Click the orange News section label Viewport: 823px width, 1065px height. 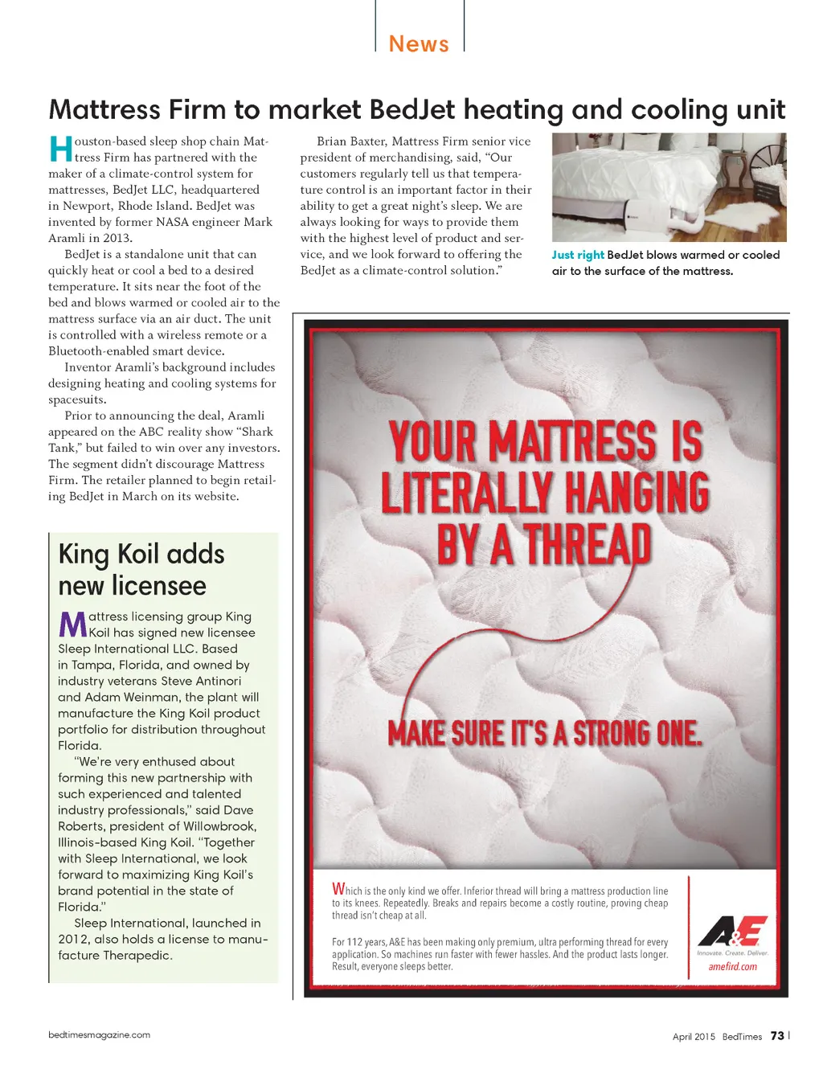[419, 43]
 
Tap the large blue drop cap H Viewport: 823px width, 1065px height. [60, 150]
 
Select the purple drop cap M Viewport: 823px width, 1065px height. [72, 625]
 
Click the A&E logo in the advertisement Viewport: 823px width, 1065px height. [732, 932]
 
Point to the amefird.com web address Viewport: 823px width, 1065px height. [732, 966]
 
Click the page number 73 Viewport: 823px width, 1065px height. [777, 1036]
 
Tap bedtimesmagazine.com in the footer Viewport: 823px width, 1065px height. [99, 1035]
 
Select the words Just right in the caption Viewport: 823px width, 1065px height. [577, 255]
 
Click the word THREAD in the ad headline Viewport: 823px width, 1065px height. [588, 544]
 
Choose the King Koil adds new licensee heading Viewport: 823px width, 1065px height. [141, 569]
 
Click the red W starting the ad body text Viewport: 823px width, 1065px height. [338, 889]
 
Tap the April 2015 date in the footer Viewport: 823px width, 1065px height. [694, 1037]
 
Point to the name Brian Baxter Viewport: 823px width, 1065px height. [351, 141]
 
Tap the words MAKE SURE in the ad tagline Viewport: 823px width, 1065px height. [445, 733]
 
